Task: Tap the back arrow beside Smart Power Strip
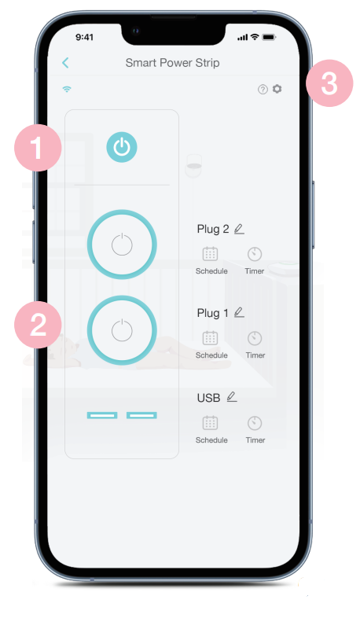65,63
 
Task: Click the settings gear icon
277,89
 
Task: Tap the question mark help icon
263,90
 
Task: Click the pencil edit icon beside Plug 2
239,229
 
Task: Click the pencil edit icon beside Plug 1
239,313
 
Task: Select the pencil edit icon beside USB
232,397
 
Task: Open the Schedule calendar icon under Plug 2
210,254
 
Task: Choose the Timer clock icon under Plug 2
255,254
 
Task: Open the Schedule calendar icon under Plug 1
210,338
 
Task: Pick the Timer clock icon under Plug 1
255,338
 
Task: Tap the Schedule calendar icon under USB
210,423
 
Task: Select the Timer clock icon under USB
255,423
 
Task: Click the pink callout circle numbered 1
38,148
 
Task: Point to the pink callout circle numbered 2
38,325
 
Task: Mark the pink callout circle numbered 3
329,83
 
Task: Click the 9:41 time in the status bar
84,37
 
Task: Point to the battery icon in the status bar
269,37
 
